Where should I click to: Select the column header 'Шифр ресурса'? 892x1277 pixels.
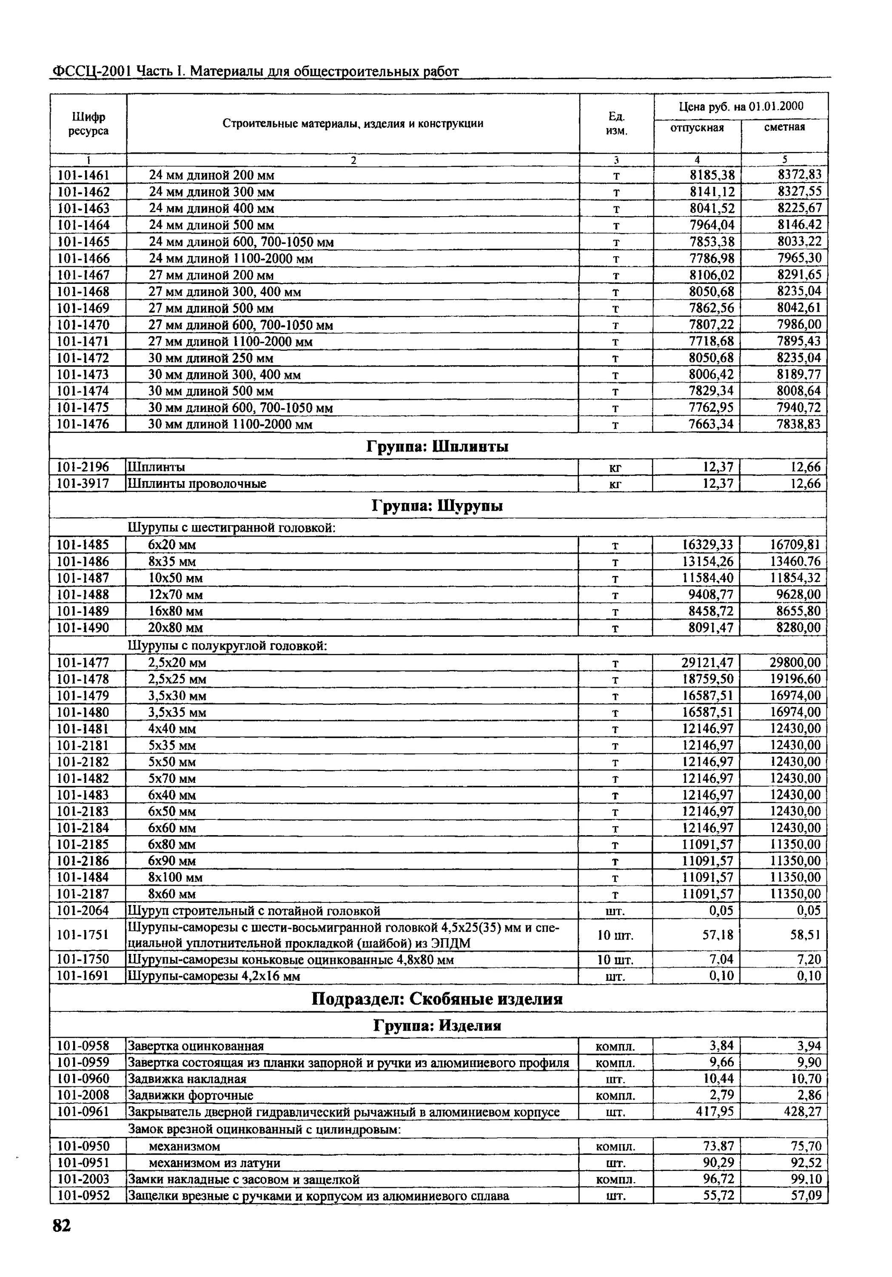pos(88,123)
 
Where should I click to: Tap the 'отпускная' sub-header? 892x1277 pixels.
pos(697,128)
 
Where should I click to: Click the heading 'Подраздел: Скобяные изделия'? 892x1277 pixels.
pos(437,999)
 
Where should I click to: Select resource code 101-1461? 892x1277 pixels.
pos(84,175)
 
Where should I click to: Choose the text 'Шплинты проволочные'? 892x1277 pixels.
pos(197,483)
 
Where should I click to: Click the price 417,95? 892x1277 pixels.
pos(715,1112)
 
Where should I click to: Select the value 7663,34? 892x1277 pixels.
pos(711,424)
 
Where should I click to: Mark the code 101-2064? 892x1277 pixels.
pos(83,911)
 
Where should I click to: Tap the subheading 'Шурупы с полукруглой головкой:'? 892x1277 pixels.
pos(228,646)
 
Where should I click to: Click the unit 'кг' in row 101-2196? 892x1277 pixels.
pos(615,467)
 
